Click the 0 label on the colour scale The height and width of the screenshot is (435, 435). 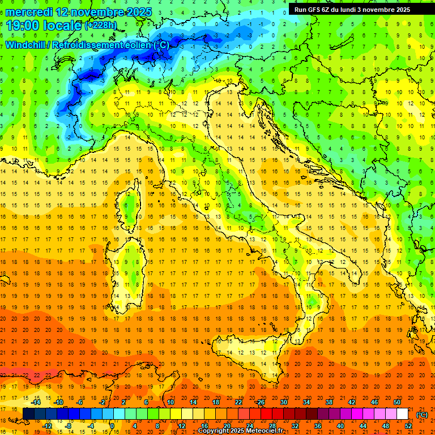click(112, 426)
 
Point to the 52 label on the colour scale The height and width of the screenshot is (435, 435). click(408, 426)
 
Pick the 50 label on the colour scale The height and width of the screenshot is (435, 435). click(397, 402)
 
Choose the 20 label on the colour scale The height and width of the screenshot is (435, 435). click(227, 426)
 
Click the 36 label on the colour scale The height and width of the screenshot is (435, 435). click(317, 426)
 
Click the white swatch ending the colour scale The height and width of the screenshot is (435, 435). click(403, 414)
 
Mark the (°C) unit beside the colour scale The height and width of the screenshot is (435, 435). click(422, 415)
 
